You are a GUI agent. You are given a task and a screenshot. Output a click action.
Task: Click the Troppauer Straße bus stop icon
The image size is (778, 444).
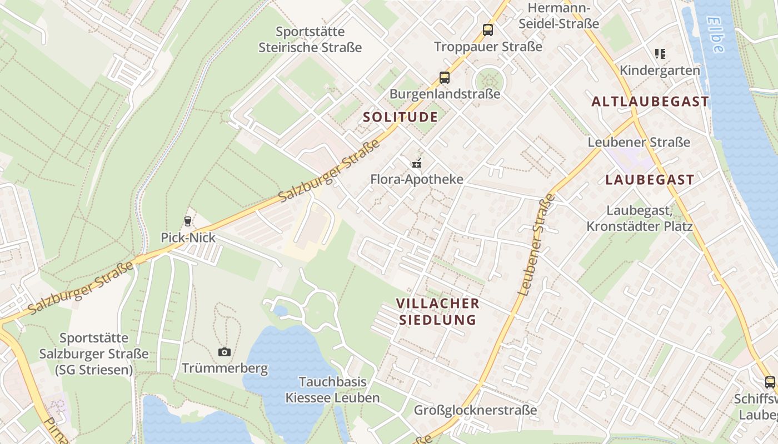[488, 30]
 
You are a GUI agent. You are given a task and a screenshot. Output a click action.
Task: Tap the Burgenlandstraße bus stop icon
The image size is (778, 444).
[445, 78]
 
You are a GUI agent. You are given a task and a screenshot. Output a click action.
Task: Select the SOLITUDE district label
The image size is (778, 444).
[400, 117]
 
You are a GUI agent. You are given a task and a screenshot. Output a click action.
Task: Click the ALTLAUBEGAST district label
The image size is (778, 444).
[650, 102]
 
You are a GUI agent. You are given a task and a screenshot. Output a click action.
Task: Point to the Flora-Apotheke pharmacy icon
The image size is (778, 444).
[417, 163]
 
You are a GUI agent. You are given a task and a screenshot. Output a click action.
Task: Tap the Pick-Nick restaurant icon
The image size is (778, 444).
[188, 221]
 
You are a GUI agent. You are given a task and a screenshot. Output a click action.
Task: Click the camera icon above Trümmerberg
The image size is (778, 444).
[225, 352]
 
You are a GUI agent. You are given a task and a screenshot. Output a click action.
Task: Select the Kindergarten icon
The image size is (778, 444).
[660, 54]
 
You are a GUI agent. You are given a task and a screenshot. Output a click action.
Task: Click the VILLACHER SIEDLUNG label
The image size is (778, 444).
[438, 311]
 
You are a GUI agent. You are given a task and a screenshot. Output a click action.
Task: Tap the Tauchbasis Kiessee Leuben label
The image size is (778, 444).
[332, 390]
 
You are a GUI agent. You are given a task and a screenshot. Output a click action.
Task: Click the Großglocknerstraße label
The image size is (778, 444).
[475, 410]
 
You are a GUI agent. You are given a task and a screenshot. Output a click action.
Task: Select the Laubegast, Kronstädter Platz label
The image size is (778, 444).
[640, 219]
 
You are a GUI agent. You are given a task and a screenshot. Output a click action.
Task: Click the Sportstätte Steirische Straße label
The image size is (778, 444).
[310, 39]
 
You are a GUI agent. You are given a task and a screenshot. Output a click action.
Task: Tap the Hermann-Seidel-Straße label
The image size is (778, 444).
[558, 16]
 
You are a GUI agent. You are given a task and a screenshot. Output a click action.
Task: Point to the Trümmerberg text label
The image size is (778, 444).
[225, 368]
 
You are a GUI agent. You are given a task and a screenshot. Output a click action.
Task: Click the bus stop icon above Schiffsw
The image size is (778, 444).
[770, 382]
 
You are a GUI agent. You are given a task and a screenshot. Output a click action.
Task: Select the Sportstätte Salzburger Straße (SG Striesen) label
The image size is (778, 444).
[94, 354]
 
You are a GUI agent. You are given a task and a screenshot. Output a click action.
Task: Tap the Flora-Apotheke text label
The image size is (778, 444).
[417, 179]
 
